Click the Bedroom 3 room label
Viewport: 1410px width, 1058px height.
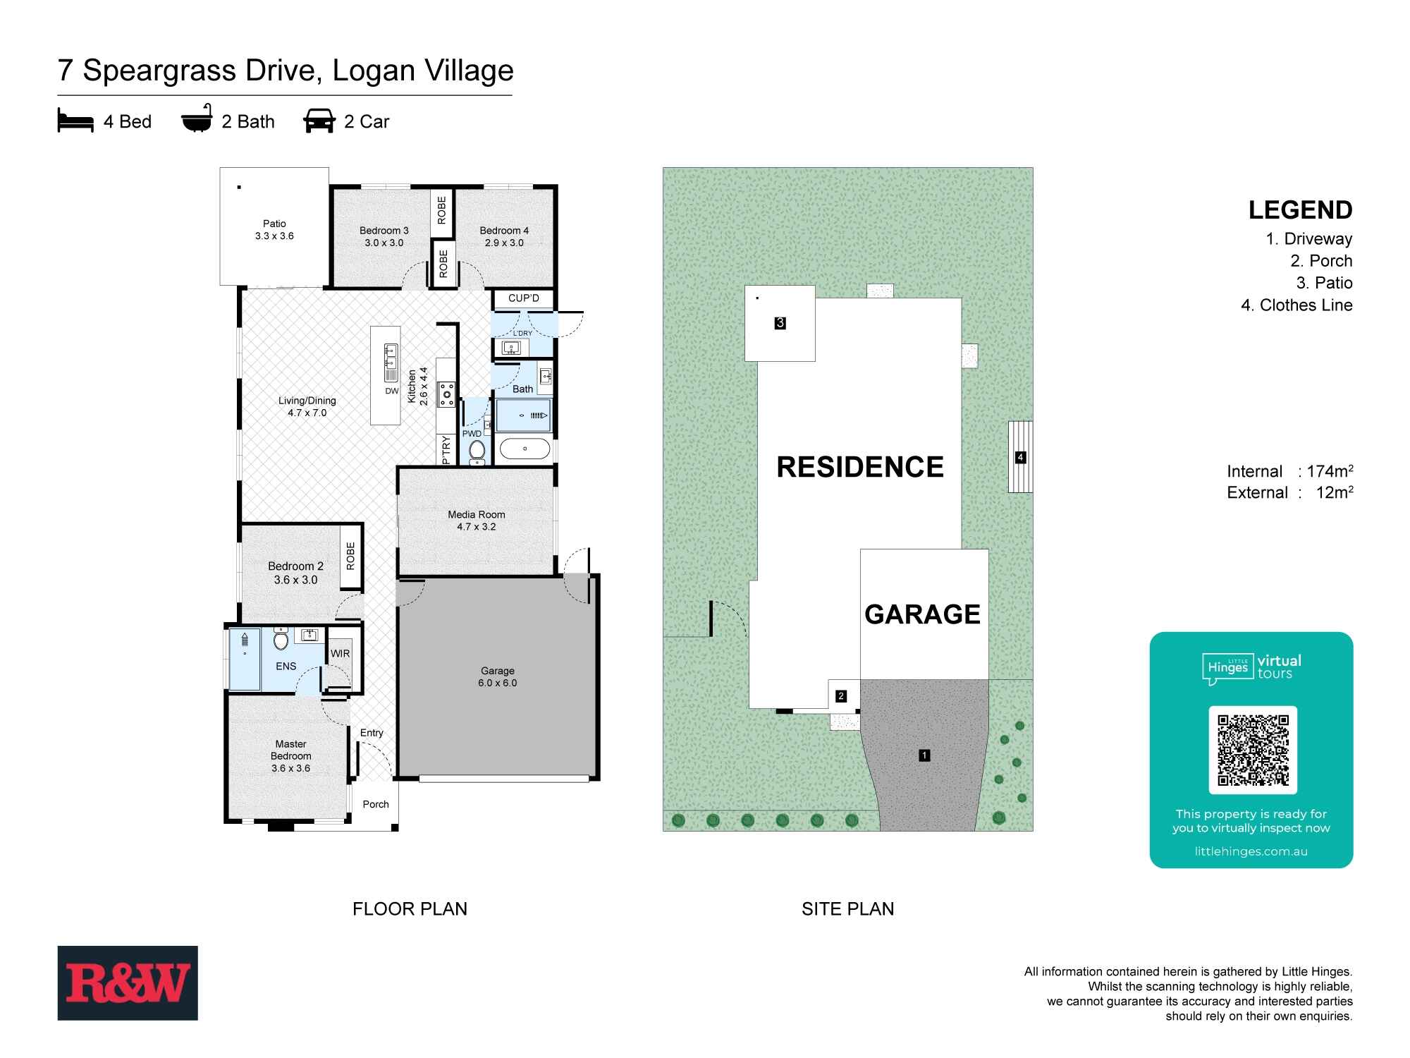tap(384, 236)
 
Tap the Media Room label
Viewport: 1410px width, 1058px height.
tap(477, 521)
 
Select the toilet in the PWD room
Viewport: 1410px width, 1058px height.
tap(477, 450)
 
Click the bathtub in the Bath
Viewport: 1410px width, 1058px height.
tap(525, 449)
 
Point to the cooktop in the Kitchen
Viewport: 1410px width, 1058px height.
tap(446, 394)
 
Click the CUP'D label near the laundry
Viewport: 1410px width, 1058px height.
tap(523, 298)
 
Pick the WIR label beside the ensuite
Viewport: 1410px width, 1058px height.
tap(340, 654)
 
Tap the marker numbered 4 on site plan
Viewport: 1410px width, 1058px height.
tap(1020, 457)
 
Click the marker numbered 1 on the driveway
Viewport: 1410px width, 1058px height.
tap(924, 755)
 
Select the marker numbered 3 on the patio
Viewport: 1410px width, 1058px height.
tap(780, 323)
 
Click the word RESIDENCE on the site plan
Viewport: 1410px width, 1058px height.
tap(859, 467)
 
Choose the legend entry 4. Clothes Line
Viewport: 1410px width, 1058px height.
tap(1296, 305)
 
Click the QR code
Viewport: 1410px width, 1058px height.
tap(1253, 750)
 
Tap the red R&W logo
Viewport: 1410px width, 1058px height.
tap(128, 983)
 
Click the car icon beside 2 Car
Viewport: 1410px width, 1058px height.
tap(319, 121)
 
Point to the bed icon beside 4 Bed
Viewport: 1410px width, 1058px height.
tap(75, 121)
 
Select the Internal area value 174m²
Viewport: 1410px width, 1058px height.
tap(1330, 471)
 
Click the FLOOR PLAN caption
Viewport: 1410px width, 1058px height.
tap(410, 908)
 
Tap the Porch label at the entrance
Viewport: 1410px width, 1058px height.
tap(376, 804)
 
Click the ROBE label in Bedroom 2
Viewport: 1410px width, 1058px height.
tap(350, 556)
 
